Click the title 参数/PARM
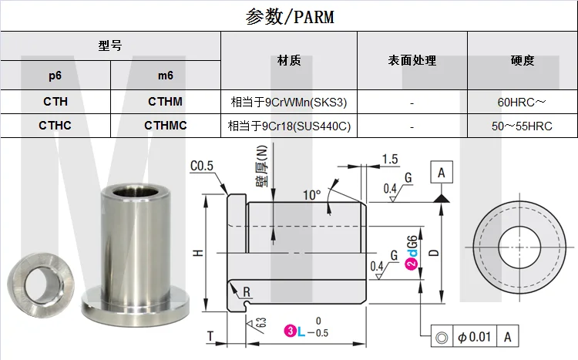[290, 17]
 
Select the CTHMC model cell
[166, 126]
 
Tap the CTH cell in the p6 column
[55, 102]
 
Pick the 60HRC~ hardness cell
[522, 103]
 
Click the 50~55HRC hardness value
[522, 126]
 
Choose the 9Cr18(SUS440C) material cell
[289, 126]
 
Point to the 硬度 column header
[523, 60]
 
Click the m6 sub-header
[166, 76]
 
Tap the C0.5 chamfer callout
[202, 166]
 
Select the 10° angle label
[312, 195]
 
